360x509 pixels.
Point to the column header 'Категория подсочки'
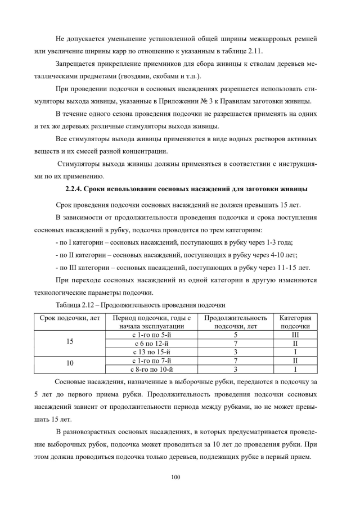pos(295,322)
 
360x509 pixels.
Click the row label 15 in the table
pos(70,341)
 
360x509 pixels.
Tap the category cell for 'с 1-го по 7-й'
pos(295,360)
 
